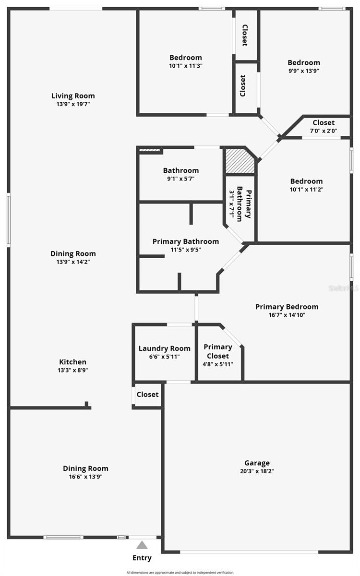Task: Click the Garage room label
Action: click(257, 463)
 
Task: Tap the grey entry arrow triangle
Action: click(142, 545)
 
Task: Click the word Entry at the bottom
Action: click(142, 558)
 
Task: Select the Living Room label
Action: click(73, 96)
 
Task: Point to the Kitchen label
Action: click(73, 362)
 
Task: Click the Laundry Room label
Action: click(164, 348)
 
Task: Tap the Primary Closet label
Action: click(218, 351)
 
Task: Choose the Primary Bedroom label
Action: click(287, 307)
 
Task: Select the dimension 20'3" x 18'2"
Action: click(257, 471)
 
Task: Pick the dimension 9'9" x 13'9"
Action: click(303, 71)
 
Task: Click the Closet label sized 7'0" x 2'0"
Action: click(324, 122)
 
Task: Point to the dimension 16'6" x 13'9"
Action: click(86, 477)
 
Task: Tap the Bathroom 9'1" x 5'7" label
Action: click(180, 170)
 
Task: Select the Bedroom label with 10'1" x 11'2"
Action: click(306, 181)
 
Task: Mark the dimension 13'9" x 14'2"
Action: click(73, 262)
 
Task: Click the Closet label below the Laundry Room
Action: click(147, 395)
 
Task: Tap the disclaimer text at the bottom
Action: click(180, 572)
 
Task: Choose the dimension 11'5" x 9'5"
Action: click(185, 250)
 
